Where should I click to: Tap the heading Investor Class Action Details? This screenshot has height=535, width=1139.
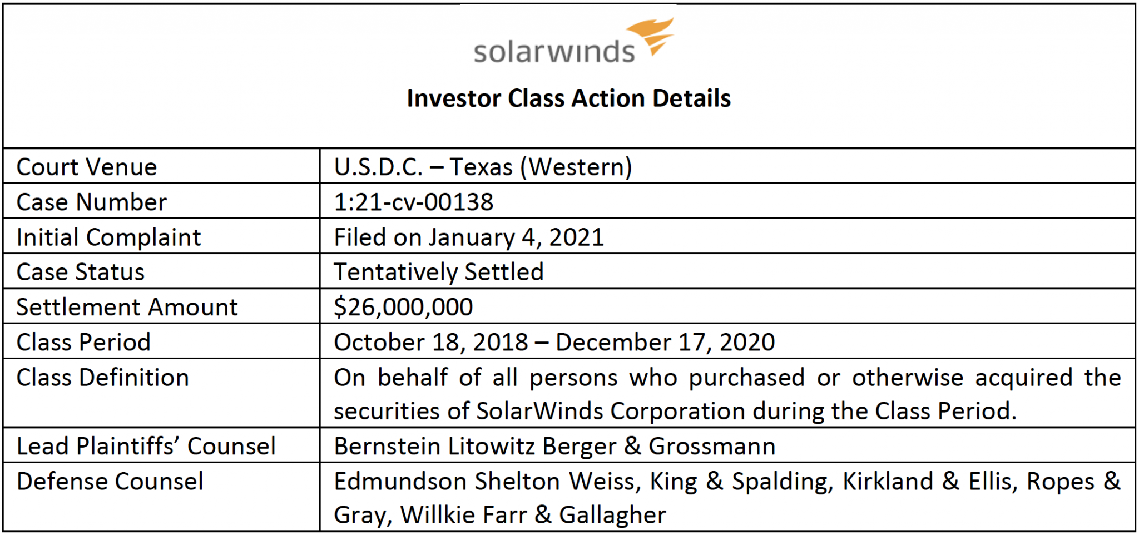(568, 98)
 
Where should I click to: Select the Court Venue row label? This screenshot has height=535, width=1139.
(87, 167)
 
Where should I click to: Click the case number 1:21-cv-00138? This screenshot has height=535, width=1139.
(413, 202)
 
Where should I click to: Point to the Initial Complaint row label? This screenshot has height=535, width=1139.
(108, 237)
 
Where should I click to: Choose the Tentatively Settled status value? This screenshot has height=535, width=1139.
(438, 273)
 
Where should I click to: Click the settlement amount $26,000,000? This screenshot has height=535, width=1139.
(403, 307)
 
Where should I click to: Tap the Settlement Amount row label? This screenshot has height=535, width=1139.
(127, 307)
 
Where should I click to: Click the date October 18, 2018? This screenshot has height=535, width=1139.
(430, 342)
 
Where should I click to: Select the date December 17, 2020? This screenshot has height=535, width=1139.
(665, 342)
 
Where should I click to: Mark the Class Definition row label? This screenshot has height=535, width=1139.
(103, 378)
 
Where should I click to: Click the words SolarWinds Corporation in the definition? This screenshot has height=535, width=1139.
(610, 412)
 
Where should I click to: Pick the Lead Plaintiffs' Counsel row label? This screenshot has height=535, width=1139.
(146, 446)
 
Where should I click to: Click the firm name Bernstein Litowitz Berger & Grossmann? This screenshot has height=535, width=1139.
(554, 446)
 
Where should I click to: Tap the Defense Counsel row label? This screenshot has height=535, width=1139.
(110, 482)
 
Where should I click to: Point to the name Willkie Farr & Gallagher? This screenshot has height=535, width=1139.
(533, 515)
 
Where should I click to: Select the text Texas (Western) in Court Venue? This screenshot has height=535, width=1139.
(541, 167)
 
